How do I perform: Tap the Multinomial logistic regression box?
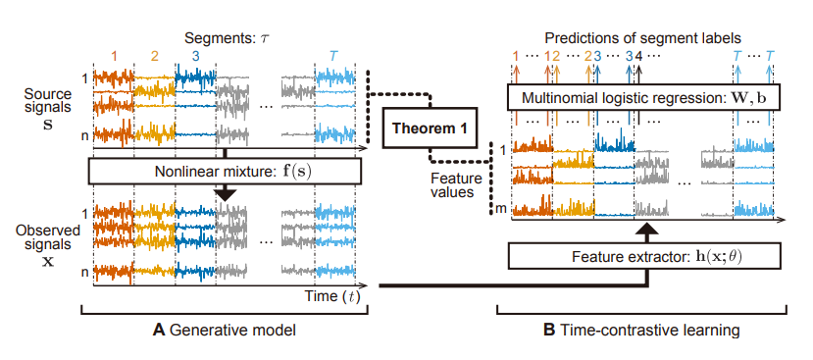(638, 98)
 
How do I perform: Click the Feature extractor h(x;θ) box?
(643, 256)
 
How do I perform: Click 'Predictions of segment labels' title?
(644, 35)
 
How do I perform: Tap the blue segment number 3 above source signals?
(195, 57)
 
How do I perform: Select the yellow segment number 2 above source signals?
(154, 57)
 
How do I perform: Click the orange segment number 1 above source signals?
(114, 57)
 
